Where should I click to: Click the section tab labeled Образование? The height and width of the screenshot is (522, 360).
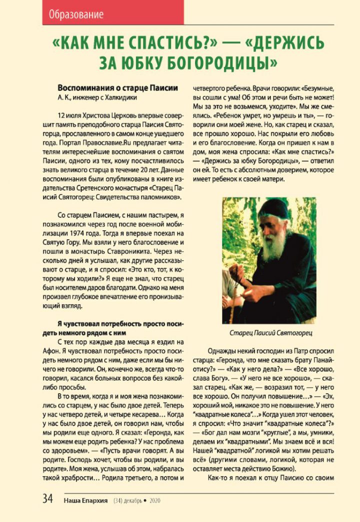[x=76, y=14]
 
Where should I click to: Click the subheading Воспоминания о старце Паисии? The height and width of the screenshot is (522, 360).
[x=117, y=87]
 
